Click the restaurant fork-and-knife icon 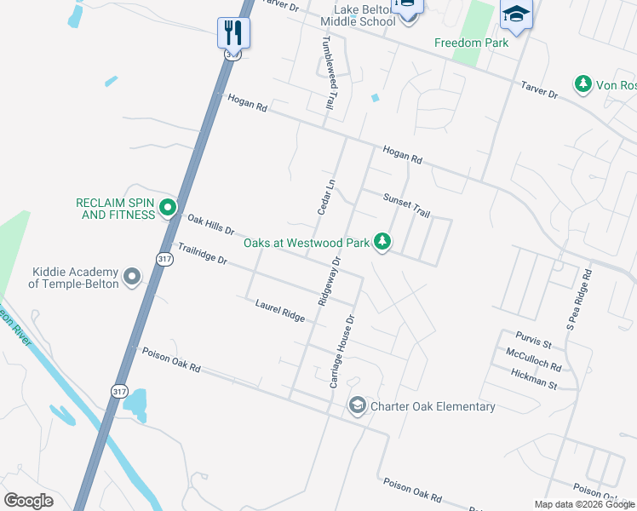click(x=232, y=32)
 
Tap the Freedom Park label click(x=471, y=43)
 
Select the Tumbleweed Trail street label click(x=327, y=72)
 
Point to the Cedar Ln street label click(x=323, y=195)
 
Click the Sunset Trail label click(x=405, y=204)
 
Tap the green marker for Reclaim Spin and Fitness click(x=168, y=206)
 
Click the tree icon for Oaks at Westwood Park click(x=383, y=243)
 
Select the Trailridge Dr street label click(x=202, y=253)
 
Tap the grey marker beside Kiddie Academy click(x=132, y=277)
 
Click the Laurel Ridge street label click(x=280, y=310)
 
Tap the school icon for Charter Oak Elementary click(x=358, y=406)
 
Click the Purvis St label click(x=533, y=340)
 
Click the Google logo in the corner click(x=28, y=501)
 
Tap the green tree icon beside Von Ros click(x=583, y=85)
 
